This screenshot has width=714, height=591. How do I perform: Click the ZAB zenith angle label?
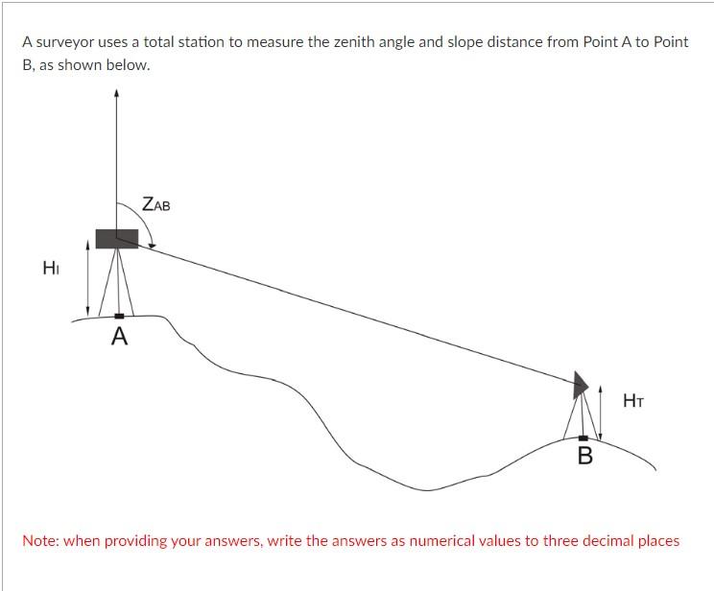click(155, 204)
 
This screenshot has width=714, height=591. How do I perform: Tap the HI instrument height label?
click(51, 268)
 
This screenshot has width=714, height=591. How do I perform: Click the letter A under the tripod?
click(119, 337)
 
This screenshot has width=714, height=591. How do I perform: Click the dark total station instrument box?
click(116, 238)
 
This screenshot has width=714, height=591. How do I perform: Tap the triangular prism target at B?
click(580, 385)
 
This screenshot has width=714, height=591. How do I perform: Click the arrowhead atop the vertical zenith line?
click(116, 94)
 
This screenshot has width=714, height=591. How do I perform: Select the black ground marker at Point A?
click(118, 316)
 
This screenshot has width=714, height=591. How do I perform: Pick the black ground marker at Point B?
click(583, 438)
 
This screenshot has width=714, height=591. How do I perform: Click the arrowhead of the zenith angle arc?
click(152, 245)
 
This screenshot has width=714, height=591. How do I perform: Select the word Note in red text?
click(40, 541)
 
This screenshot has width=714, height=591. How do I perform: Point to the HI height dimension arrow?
click(88, 278)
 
